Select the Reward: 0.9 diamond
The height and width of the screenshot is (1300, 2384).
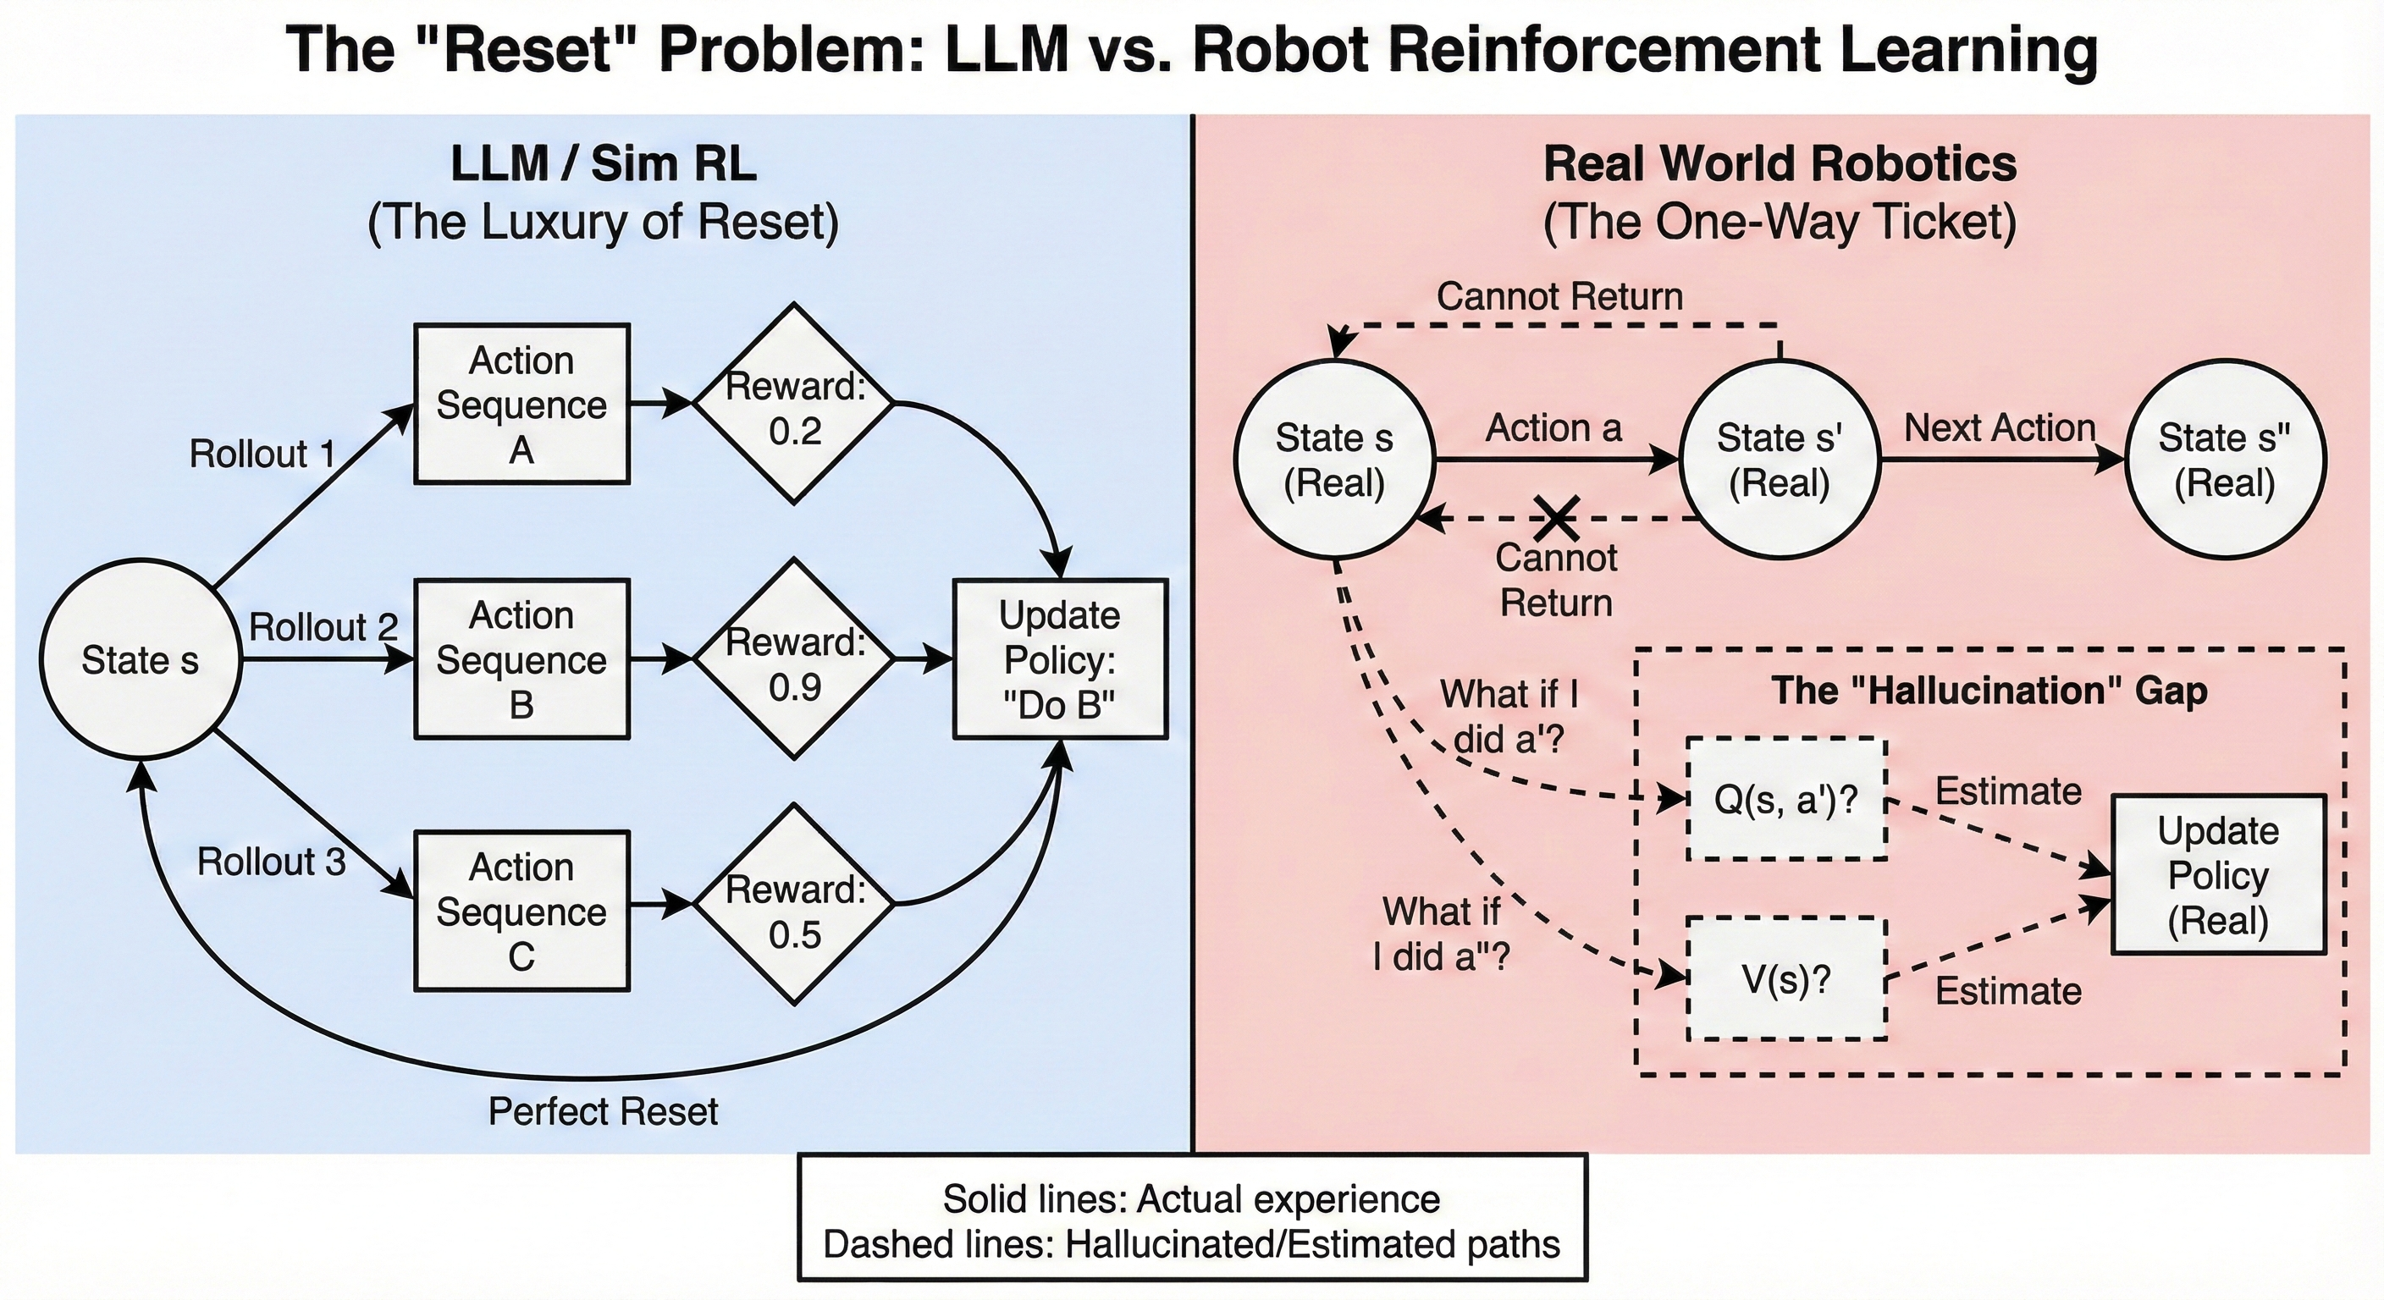[x=795, y=659]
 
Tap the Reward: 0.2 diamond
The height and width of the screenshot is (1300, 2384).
[x=795, y=405]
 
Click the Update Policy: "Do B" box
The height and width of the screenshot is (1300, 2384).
[x=1061, y=659]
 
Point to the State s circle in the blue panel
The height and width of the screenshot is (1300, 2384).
[x=140, y=659]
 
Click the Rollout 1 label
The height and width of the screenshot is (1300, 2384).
[x=262, y=454]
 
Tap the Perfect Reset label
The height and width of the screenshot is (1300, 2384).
[x=603, y=1111]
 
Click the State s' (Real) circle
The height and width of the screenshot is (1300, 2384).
[x=1779, y=460]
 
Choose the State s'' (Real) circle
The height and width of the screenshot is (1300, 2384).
[x=2224, y=460]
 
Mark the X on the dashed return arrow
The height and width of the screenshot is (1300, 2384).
[x=1557, y=518]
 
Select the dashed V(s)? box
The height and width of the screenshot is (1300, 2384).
[x=1786, y=979]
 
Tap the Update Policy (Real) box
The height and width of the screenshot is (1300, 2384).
[x=2218, y=874]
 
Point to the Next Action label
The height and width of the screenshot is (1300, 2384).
[x=2000, y=427]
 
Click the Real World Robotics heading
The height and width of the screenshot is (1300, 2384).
[x=1780, y=165]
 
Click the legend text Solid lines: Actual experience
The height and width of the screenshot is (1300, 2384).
[x=1191, y=1199]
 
